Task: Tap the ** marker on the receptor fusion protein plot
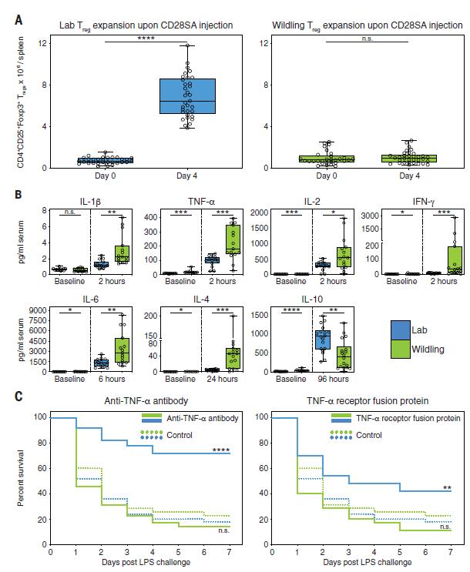[446, 488]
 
